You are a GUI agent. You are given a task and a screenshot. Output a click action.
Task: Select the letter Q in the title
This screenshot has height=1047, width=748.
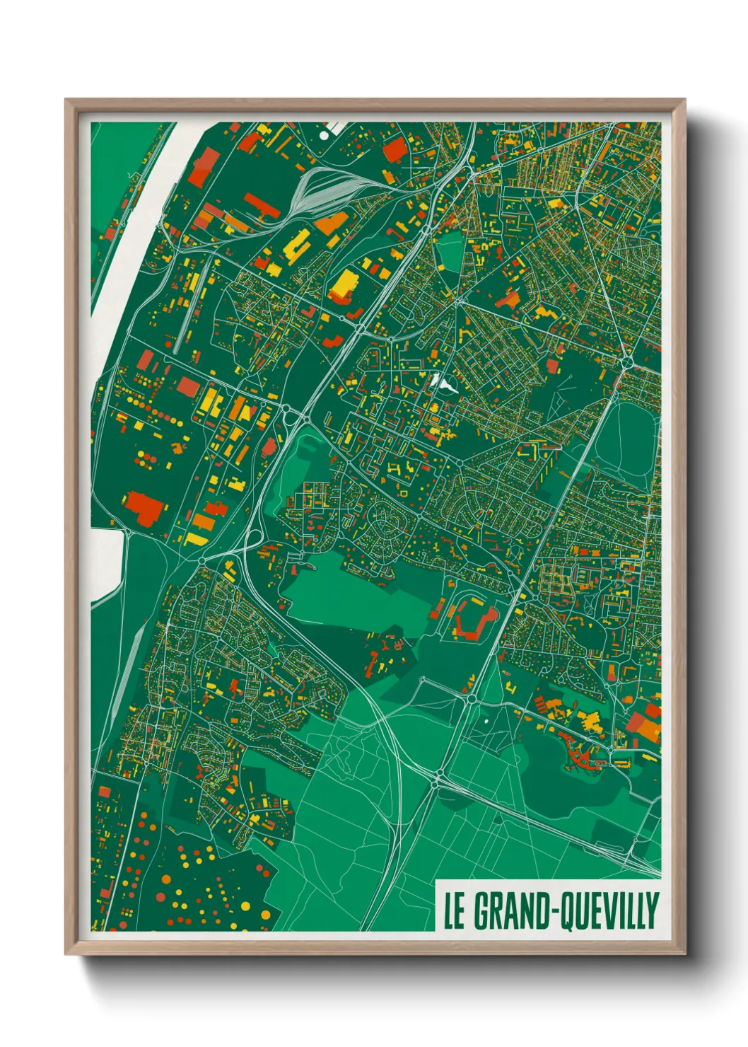567,912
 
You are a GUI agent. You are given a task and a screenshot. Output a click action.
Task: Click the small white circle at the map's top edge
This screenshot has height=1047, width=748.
324,134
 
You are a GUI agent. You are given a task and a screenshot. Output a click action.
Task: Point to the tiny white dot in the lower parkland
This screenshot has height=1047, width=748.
486,722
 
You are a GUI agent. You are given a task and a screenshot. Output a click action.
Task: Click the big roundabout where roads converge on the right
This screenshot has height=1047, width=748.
626,362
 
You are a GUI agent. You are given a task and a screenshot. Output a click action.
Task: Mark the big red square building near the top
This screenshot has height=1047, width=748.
395,150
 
